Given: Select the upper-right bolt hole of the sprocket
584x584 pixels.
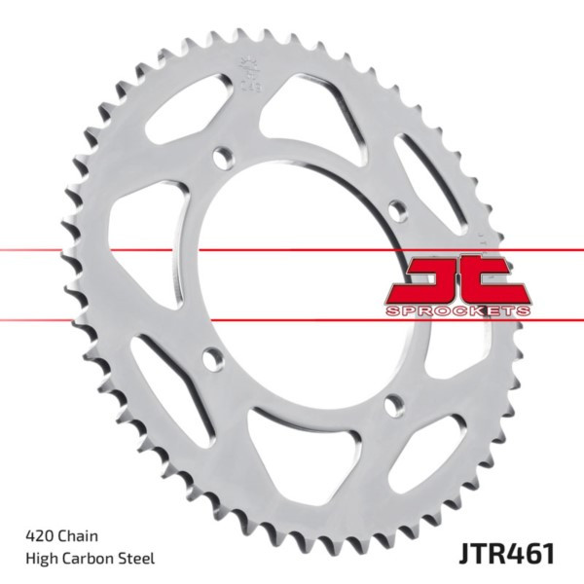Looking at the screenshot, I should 395,208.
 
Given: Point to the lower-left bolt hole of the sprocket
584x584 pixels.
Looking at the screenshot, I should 209,356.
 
